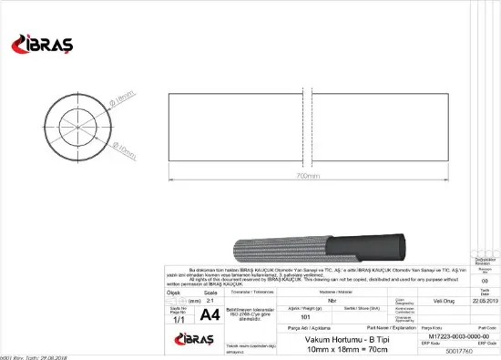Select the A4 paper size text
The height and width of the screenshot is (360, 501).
[210, 315]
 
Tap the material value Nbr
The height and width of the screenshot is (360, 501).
[332, 298]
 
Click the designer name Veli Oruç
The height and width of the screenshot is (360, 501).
[444, 298]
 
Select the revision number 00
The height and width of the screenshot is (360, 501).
[485, 282]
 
